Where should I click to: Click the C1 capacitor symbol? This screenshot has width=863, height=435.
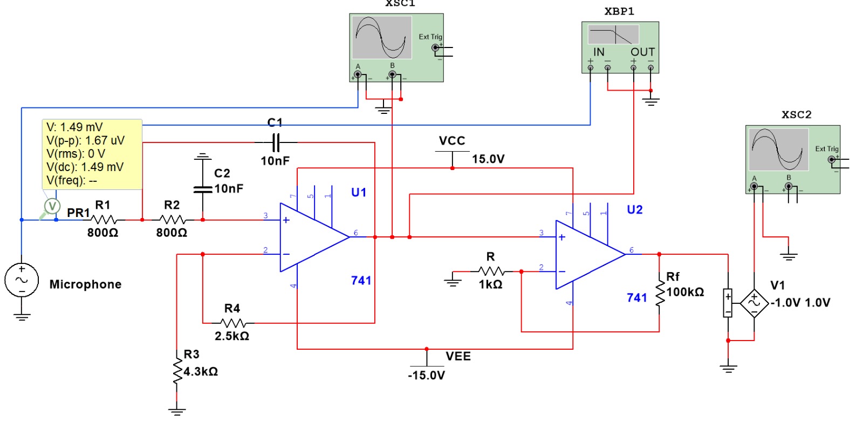coord(276,143)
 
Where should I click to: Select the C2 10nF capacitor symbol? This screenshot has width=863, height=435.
coord(202,189)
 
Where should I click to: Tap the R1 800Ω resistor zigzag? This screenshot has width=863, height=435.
coord(104,220)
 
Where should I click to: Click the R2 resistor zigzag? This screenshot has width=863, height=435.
coord(173,220)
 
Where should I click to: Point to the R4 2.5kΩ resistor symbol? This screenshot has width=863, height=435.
coord(233,323)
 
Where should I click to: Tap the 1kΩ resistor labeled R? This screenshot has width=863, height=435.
coord(491,271)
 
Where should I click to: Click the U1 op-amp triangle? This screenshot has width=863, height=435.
coord(310,237)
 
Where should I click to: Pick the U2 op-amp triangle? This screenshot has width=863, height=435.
coord(586,255)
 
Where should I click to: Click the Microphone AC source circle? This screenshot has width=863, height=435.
coord(22,280)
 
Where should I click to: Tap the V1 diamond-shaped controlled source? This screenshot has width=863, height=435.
coord(754,303)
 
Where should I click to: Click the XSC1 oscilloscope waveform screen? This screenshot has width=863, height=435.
coord(381,37)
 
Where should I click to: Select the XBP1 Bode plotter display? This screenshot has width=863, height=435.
coord(613,35)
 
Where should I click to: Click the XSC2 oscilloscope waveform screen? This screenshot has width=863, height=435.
coord(778,149)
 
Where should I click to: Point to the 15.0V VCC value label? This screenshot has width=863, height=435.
coord(488,159)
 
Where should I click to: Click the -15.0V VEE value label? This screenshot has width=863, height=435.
coord(426,376)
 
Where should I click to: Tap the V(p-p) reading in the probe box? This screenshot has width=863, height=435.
coord(85,140)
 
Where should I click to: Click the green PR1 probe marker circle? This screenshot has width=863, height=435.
coord(52,206)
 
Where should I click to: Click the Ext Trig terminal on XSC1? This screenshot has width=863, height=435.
coord(435,48)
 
